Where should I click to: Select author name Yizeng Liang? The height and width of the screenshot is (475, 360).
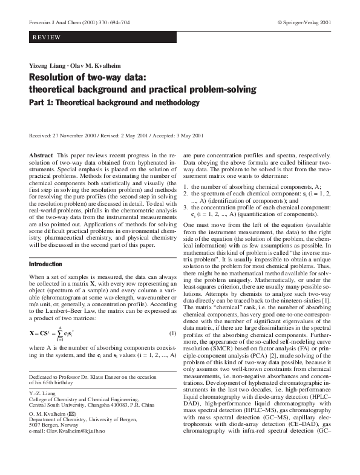tap(45, 65)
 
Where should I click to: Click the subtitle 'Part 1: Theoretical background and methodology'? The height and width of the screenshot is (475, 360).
tap(114, 102)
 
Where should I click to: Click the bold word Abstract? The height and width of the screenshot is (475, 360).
tap(41, 156)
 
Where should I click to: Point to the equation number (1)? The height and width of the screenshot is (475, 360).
tap(172, 333)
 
